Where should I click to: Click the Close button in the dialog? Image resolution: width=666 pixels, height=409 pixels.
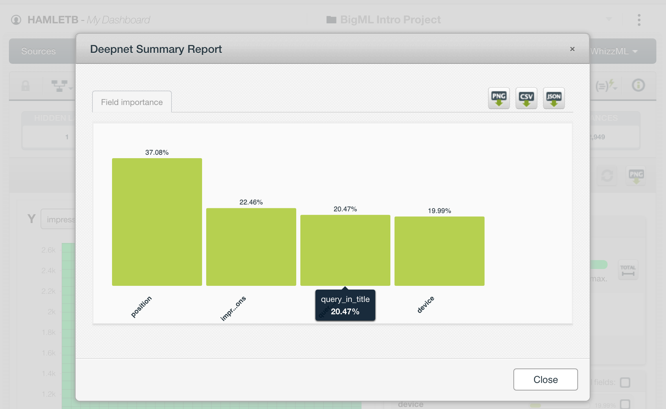coord(545,379)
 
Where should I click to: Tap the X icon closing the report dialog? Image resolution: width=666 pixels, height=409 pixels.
coord(572,49)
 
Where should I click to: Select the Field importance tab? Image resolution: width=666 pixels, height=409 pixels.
coord(132,102)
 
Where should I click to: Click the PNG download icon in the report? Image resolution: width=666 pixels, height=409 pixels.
coord(499,98)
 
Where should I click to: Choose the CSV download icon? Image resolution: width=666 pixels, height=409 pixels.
coord(526,98)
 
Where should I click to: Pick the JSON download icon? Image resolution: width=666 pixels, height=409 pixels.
coord(554,98)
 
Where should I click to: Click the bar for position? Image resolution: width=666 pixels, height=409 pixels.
coord(157,222)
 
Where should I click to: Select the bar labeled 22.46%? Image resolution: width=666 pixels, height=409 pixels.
coord(251,247)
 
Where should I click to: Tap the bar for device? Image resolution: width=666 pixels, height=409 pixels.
coord(439,251)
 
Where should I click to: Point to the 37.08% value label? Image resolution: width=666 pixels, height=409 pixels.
coord(157,152)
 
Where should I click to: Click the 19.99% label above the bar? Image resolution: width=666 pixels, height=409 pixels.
coord(439,211)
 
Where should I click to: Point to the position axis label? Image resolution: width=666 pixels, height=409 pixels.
coord(141,306)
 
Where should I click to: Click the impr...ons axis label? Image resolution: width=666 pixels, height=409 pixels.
coord(233,308)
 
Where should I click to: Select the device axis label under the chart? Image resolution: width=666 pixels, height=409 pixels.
coord(426,304)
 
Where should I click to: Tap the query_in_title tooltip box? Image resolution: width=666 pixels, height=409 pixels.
coord(345,305)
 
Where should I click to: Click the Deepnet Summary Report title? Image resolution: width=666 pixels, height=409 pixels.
coord(156,49)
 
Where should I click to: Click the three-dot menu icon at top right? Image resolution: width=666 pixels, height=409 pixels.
coord(639,20)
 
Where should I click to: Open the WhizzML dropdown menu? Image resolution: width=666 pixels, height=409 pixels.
coord(613,51)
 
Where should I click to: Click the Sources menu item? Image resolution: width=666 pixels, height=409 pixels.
coord(38,51)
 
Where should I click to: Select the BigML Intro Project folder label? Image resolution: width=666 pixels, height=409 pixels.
coord(390,20)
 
